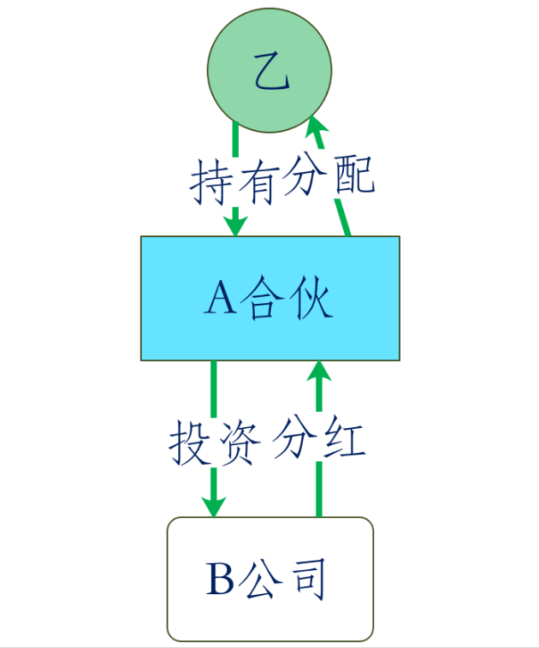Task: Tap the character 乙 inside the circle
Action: (x=271, y=75)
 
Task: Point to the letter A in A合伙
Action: (x=220, y=300)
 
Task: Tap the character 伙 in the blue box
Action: (x=309, y=300)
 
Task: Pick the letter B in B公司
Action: (x=220, y=580)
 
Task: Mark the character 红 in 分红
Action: (x=342, y=442)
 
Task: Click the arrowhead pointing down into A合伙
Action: (x=235, y=223)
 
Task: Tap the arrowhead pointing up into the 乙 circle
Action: (x=315, y=128)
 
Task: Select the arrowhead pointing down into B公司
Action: (x=213, y=504)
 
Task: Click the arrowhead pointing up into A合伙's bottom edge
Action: (x=319, y=372)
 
